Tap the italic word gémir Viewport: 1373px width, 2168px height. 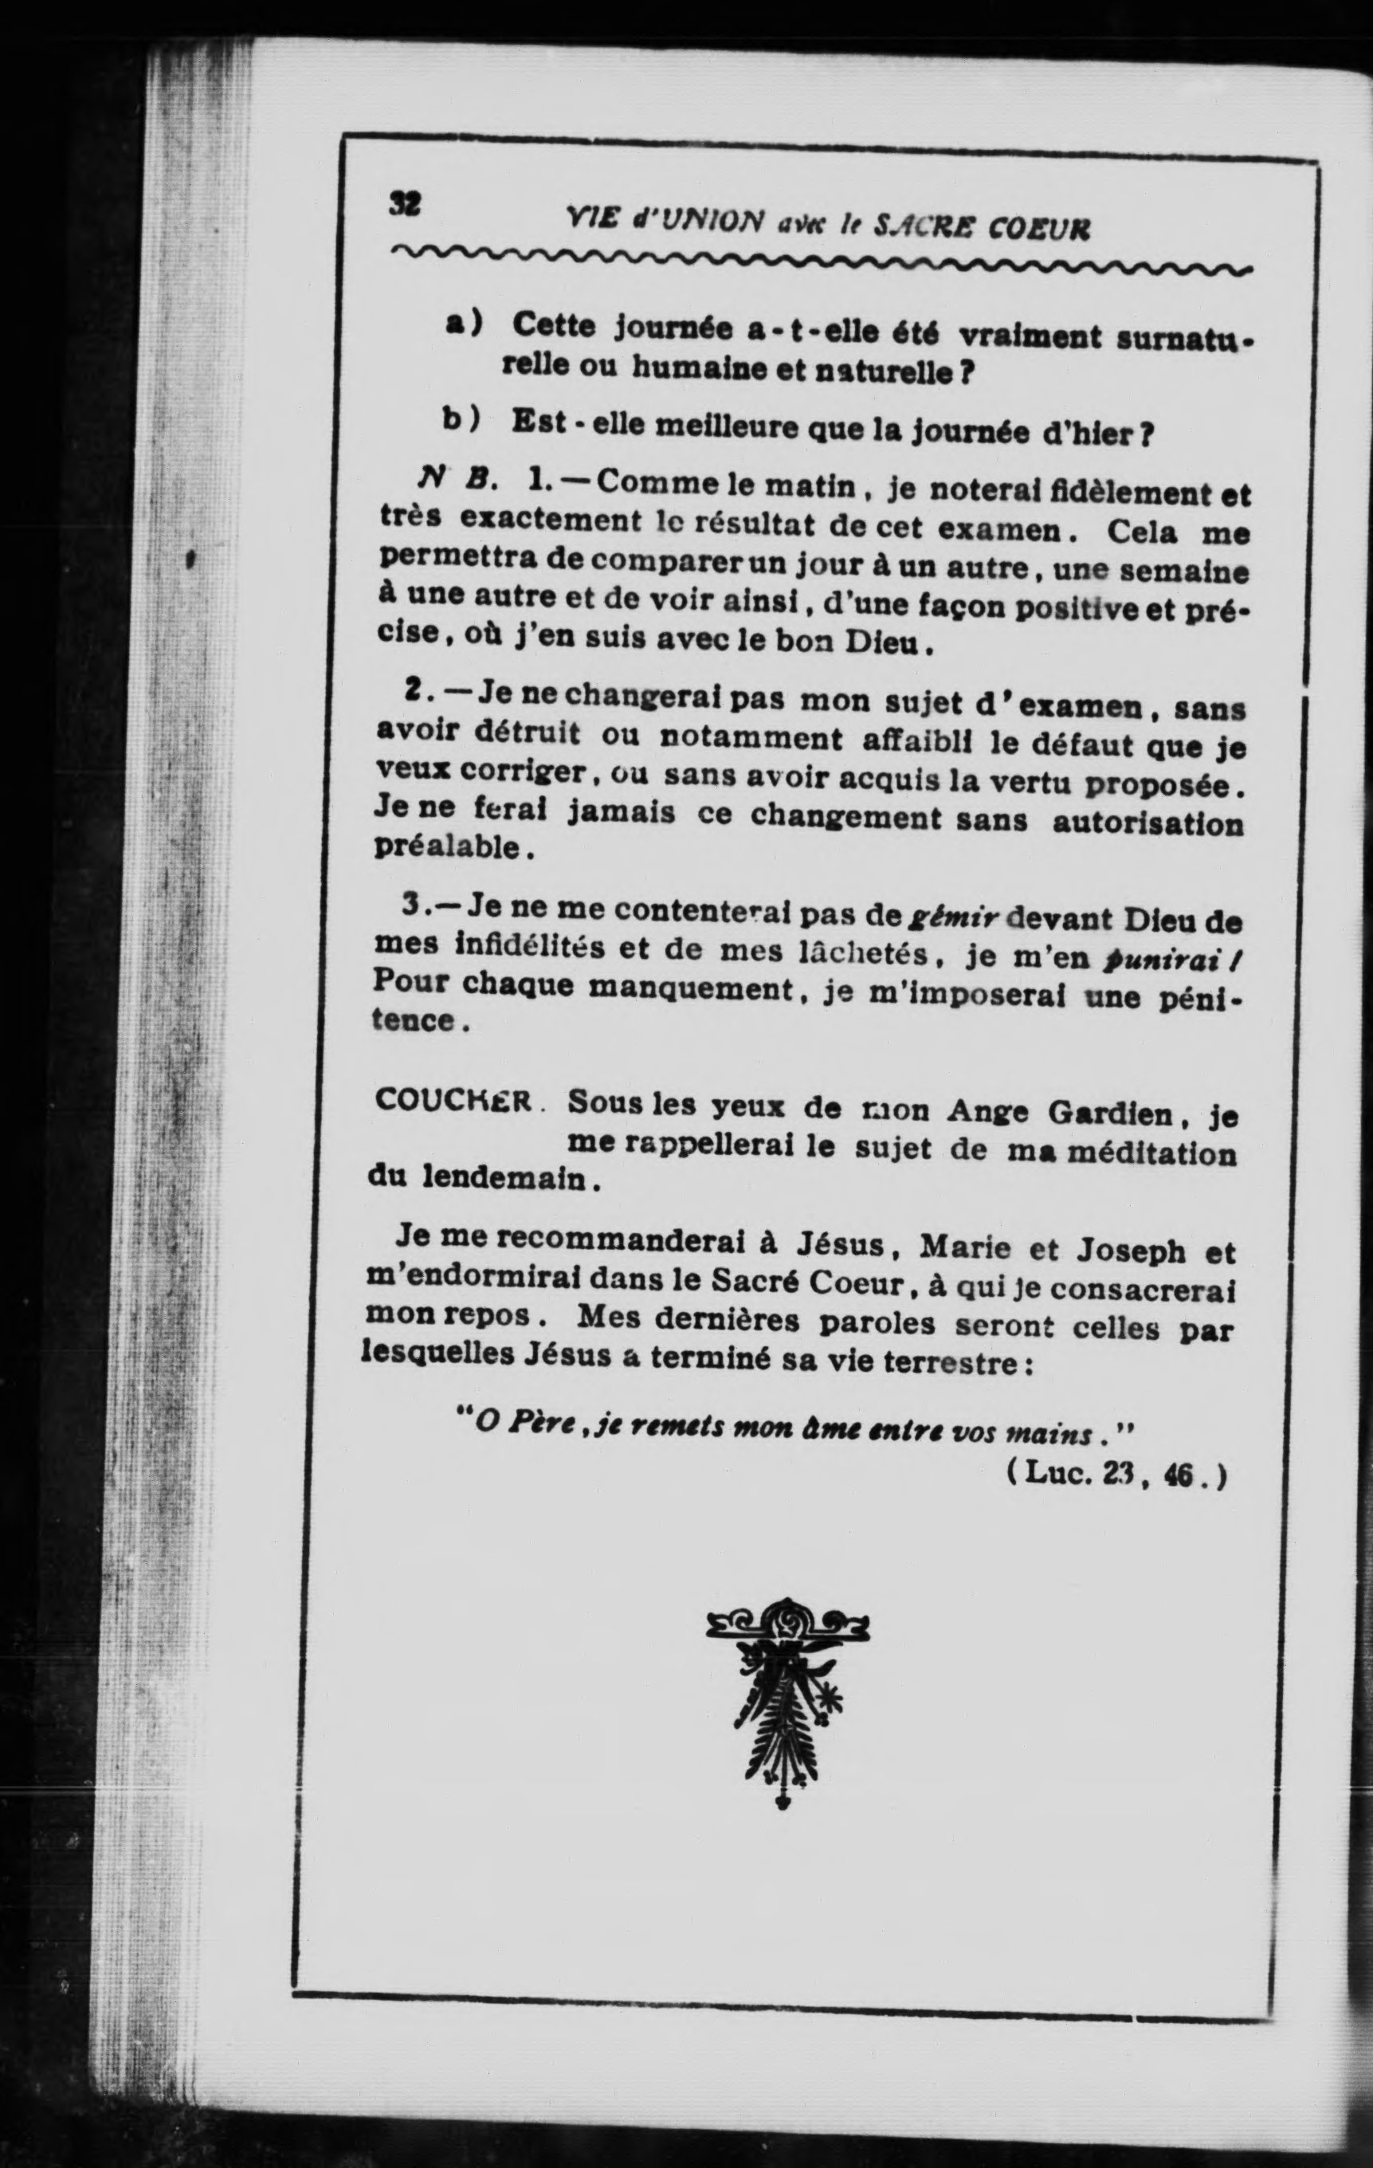951,920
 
